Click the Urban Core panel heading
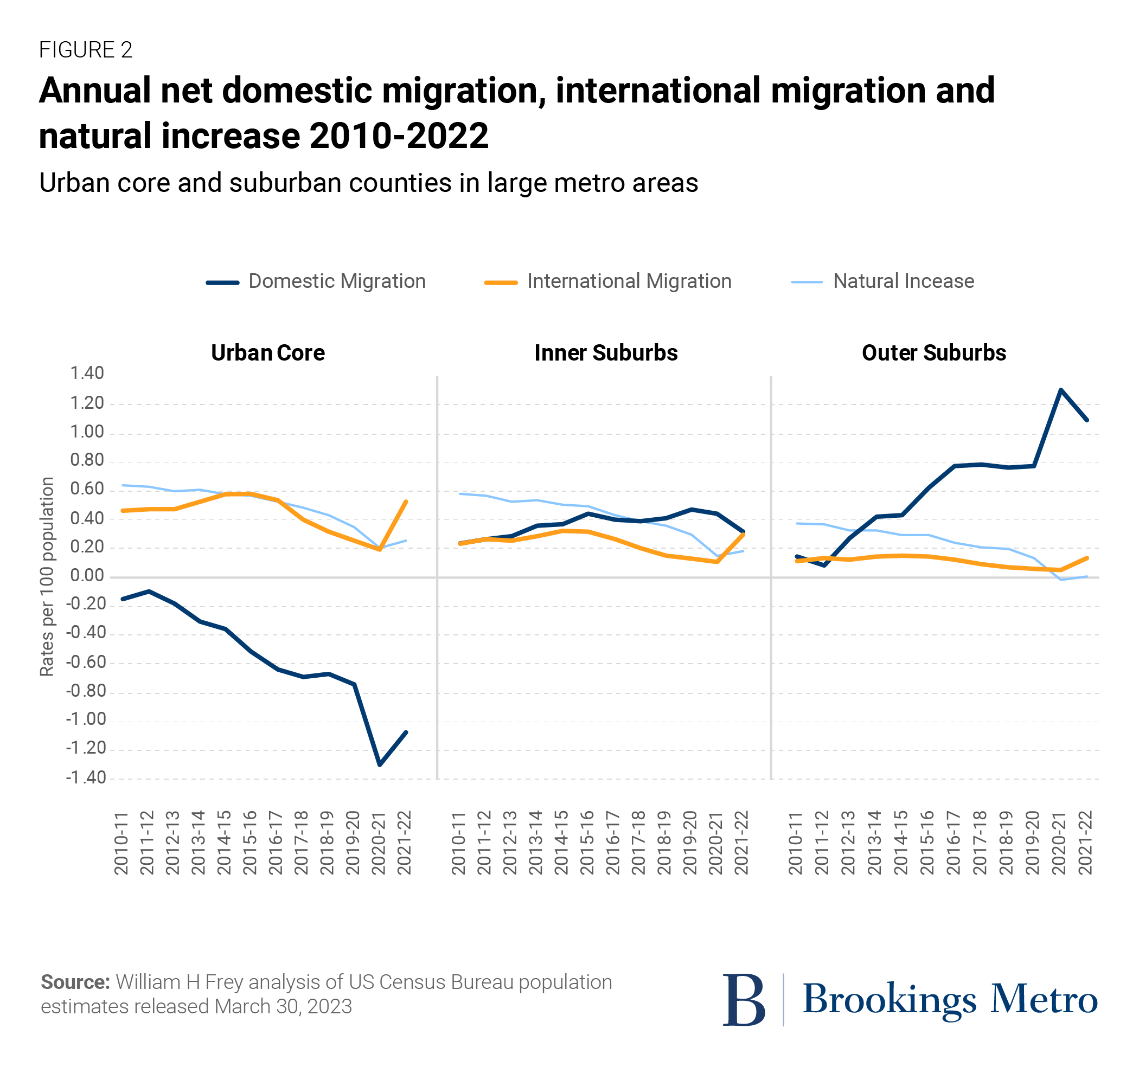[x=267, y=353]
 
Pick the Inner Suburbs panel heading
[x=606, y=353]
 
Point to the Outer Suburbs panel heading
[x=933, y=353]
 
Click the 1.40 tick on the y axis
[x=87, y=374]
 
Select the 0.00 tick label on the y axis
[x=87, y=576]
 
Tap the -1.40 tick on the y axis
[x=86, y=777]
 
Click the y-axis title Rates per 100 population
[x=47, y=576]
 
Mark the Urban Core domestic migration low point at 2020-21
[x=380, y=764]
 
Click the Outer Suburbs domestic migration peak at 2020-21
[x=1060, y=390]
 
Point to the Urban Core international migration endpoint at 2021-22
[x=406, y=502]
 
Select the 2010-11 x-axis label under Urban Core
[x=121, y=843]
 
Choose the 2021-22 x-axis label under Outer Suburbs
[x=1085, y=843]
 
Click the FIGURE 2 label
[x=85, y=50]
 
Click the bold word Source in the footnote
[x=75, y=982]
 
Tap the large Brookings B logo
[x=744, y=999]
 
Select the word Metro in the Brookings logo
[x=1044, y=999]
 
